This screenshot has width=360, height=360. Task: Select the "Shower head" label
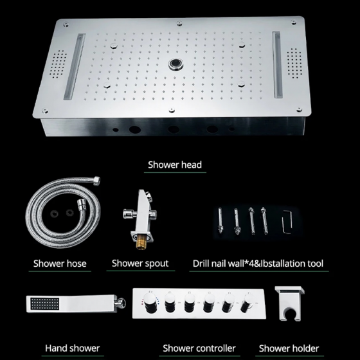pyautogui.click(x=175, y=165)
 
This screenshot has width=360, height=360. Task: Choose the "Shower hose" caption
pyautogui.click(x=60, y=263)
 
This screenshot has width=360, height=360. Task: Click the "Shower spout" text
pyautogui.click(x=140, y=263)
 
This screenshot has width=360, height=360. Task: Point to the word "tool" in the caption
pyautogui.click(x=314, y=263)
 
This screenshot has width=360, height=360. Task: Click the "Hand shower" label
pyautogui.click(x=72, y=348)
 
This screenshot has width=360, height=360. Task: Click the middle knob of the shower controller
pyautogui.click(x=208, y=305)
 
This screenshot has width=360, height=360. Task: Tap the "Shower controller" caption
pyautogui.click(x=199, y=348)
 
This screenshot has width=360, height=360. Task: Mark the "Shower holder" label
pyautogui.click(x=288, y=348)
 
